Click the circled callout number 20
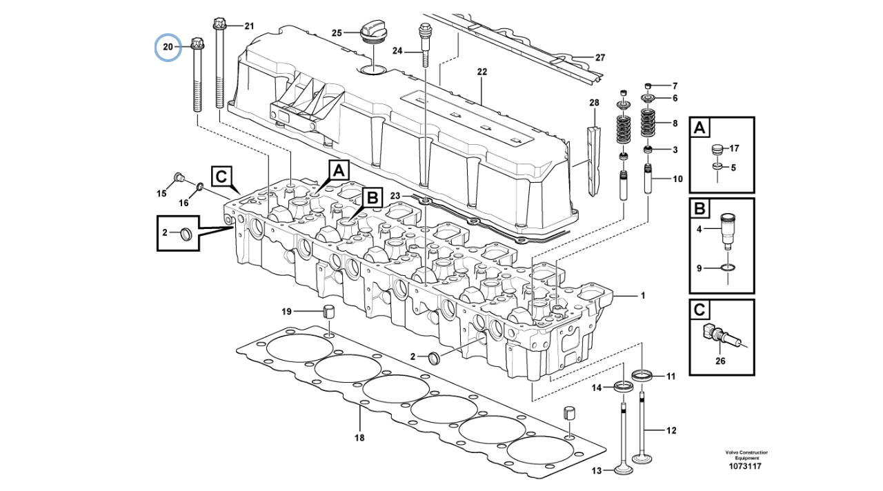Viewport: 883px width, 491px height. point(168,48)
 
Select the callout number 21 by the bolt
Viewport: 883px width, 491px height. point(249,26)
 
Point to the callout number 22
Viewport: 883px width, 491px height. point(482,72)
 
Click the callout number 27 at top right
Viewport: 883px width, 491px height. point(599,57)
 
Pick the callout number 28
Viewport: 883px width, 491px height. point(594,103)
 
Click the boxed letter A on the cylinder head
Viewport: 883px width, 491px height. point(339,170)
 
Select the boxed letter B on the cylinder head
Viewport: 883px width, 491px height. point(373,198)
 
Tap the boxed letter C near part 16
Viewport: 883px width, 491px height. point(220,177)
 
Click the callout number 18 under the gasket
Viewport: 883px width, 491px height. point(359,437)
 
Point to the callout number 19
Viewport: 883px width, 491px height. point(287,311)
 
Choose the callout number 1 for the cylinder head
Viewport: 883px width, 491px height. point(642,296)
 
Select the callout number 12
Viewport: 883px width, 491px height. point(671,431)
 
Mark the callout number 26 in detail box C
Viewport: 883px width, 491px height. point(720,360)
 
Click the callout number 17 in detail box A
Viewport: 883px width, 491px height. point(733,148)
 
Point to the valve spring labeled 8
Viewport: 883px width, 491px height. point(648,123)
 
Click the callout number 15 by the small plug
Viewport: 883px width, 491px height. point(161,194)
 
